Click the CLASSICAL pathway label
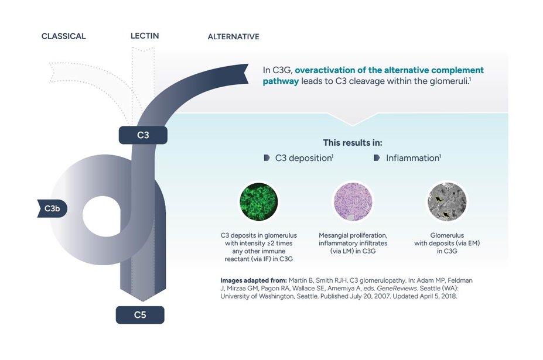tap(63, 36)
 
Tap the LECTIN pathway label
tap(144, 36)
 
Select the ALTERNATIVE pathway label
tap(233, 37)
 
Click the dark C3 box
tap(143, 135)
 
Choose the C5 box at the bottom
tap(140, 315)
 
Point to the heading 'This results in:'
tap(353, 143)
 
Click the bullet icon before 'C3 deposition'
tap(267, 158)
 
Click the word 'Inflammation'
tap(412, 158)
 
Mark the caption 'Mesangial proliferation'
tap(353, 235)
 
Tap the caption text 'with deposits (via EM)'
tap(447, 243)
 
